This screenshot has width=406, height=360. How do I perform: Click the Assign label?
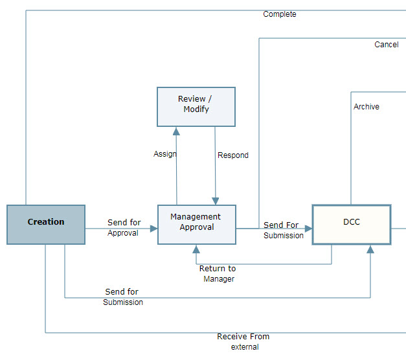click(165, 154)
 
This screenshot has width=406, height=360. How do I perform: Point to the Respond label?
click(233, 155)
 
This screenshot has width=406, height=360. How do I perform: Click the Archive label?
click(367, 107)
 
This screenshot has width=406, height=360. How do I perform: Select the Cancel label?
click(387, 45)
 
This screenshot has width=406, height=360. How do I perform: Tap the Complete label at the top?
click(280, 14)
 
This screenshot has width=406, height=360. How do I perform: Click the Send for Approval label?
click(123, 228)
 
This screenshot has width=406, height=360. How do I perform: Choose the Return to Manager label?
click(218, 274)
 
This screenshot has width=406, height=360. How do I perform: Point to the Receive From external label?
click(244, 342)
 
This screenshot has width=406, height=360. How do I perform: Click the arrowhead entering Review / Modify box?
click(177, 131)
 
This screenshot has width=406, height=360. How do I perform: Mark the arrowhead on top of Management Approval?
click(216, 201)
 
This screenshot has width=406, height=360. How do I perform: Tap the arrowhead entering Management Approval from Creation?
click(153, 229)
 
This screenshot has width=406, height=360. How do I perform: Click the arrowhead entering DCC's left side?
click(308, 229)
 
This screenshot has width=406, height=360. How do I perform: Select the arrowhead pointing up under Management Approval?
click(196, 249)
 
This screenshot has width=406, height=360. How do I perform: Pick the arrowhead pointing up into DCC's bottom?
click(370, 249)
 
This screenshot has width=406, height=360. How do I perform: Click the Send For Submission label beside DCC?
click(283, 231)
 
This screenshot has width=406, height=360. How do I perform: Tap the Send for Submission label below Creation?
click(122, 297)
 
